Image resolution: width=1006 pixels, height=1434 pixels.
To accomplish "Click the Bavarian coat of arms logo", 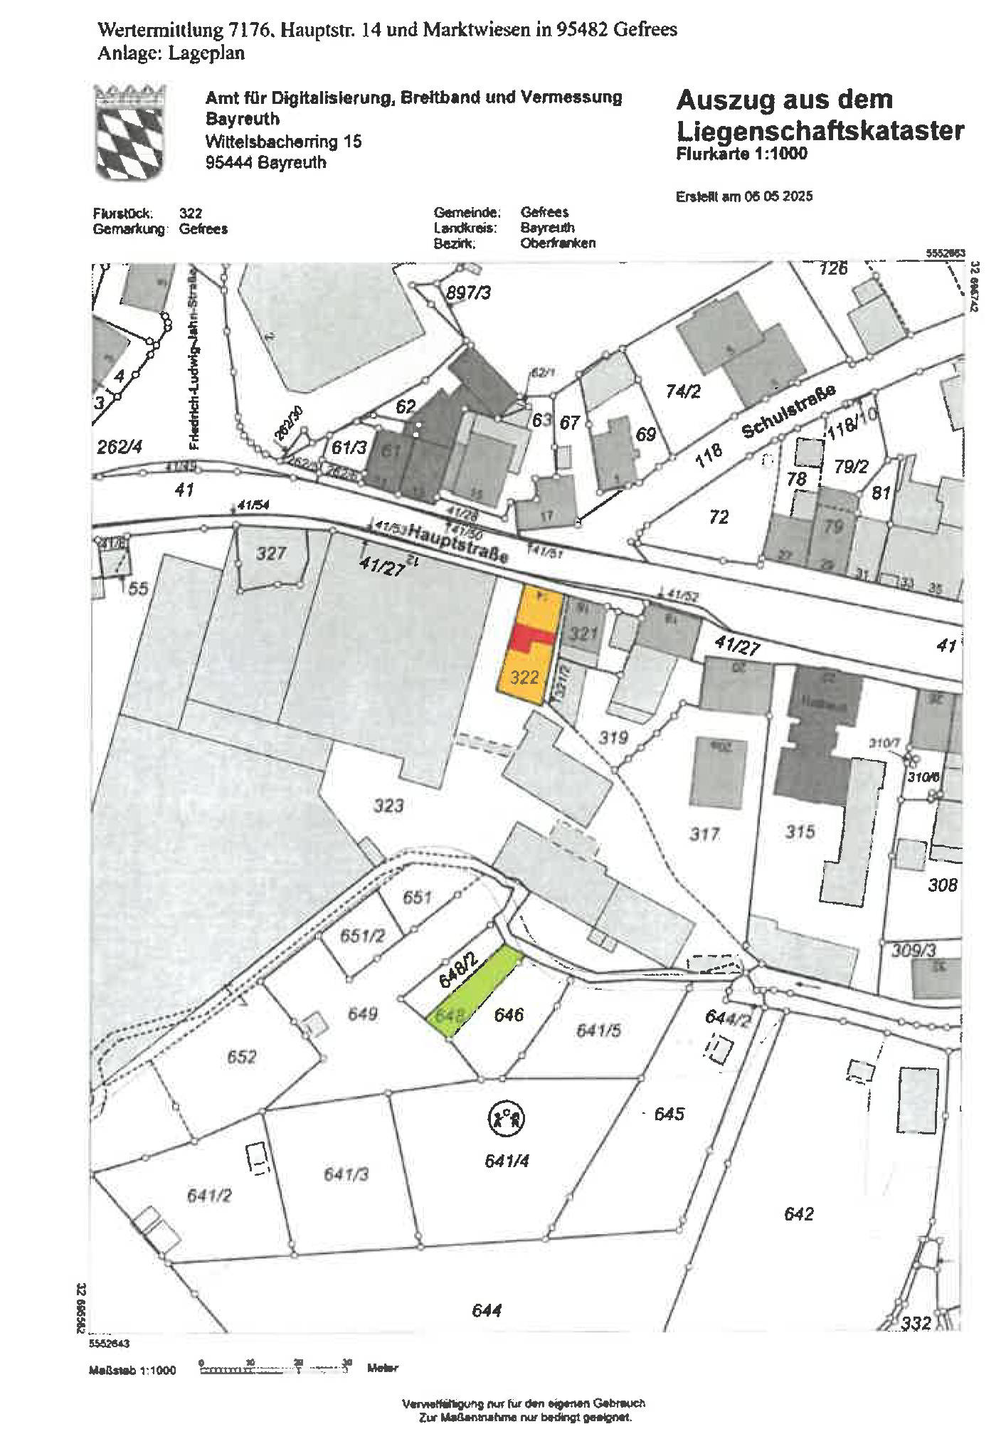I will pos(130,132).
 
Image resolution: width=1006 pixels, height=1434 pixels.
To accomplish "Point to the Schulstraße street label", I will pos(788,411).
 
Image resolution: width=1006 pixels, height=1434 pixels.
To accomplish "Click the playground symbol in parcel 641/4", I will pos(506,1118).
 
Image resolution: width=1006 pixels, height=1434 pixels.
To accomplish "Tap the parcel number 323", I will pos(388,806).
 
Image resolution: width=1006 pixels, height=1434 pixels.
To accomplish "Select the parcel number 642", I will pos(798,1213).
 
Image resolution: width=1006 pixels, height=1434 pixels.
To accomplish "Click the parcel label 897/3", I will pos(468,292).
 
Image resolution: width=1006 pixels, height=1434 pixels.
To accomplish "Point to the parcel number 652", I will pos(241,1056).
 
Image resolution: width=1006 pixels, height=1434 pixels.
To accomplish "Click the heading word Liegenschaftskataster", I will pos(820,131).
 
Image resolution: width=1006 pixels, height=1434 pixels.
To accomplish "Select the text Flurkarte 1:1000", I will pos(741,154).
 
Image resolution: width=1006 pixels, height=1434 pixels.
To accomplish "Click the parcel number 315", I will pos(800,831).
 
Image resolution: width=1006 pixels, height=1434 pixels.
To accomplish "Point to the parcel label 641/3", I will pos(346,1174).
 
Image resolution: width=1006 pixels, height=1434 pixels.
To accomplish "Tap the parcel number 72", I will pos(719,517).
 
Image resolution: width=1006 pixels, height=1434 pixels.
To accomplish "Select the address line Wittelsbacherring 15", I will pos(283,142).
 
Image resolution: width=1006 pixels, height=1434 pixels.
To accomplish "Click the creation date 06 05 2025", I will pos(778,196).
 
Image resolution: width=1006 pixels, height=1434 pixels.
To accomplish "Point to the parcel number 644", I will pos(487,1310).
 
